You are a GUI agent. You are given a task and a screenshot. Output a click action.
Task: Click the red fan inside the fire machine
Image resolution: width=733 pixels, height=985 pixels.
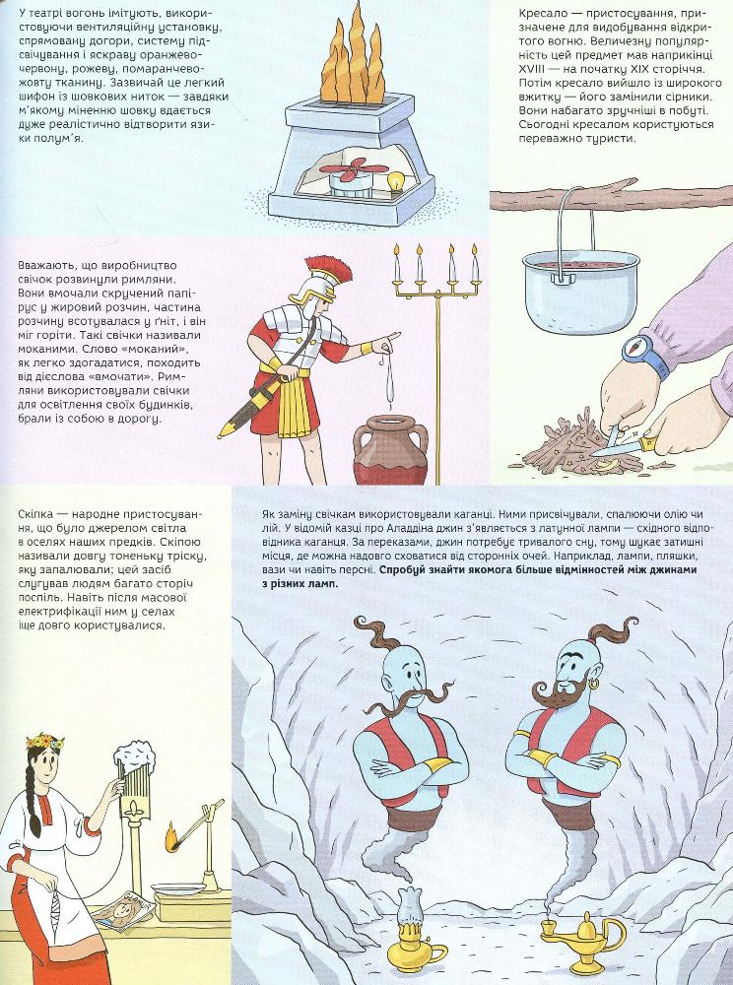click(355, 169)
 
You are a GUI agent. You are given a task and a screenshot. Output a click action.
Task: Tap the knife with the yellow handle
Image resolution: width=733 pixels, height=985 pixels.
click(625, 446)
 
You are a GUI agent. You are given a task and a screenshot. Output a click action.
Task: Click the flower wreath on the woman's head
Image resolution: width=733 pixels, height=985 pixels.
click(44, 742)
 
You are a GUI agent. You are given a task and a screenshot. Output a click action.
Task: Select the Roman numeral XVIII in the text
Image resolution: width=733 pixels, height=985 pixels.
click(533, 69)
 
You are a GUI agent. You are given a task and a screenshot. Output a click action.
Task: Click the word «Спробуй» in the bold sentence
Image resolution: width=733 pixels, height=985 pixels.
click(400, 570)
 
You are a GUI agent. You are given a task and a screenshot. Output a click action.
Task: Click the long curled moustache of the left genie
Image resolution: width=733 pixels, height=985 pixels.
click(411, 698)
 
